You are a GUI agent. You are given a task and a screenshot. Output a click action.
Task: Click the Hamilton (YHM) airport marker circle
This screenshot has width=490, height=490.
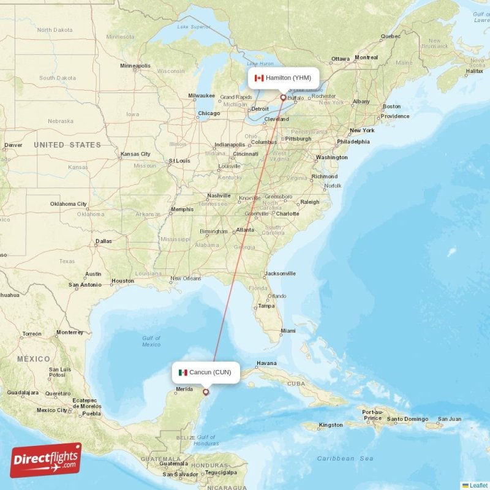coord(282,97)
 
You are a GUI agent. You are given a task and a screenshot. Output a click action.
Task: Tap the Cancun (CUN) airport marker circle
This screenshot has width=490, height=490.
coord(206,392)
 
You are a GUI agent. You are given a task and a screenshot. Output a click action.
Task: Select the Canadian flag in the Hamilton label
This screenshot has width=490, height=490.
coord(258,78)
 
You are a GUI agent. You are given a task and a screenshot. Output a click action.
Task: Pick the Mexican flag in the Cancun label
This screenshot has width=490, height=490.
coord(183,372)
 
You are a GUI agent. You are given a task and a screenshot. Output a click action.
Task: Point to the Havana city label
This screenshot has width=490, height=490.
coord(266,363)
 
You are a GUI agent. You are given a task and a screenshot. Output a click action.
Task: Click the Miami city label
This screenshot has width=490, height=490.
coord(287,331)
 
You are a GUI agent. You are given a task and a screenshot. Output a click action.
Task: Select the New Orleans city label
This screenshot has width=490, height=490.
coord(185,278)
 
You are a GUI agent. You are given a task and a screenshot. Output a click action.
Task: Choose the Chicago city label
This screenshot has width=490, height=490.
coord(209,113)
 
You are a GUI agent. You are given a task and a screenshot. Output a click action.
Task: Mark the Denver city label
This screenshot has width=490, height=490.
coord(13,146)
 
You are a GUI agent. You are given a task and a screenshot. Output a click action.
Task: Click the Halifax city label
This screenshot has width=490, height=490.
coord(474,71)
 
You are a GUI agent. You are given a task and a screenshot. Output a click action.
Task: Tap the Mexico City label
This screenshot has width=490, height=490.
coord(51,410)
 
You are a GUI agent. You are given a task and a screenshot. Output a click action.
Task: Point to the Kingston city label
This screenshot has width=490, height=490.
coord(331,424)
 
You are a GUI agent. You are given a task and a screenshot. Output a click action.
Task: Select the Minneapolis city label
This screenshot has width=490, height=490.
coord(135,66)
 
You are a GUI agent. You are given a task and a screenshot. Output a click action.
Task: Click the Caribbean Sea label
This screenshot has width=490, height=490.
coord(345,458)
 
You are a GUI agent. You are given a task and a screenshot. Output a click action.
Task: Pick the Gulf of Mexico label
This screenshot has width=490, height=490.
coord(151,341)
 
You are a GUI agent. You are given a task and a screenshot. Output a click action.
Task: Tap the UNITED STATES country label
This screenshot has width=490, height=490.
coord(67,145)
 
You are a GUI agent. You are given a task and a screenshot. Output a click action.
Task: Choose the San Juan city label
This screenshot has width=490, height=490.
coord(449,420)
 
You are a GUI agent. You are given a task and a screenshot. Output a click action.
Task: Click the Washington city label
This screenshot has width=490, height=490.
coord(331,157)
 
